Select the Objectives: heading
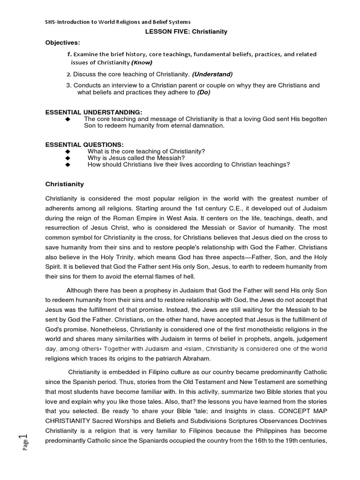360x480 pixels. click(63, 43)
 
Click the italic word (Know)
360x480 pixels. click(142, 62)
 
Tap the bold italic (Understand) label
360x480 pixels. click(212, 74)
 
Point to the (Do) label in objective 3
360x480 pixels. click(203, 92)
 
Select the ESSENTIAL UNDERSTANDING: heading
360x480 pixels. click(93, 112)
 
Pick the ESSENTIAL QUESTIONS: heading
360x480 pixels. click(84, 144)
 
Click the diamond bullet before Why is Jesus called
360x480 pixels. click(68, 158)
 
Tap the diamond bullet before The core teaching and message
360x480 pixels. click(68, 120)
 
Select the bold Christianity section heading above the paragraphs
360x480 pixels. click(64, 184)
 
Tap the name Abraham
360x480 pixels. click(195, 359)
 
